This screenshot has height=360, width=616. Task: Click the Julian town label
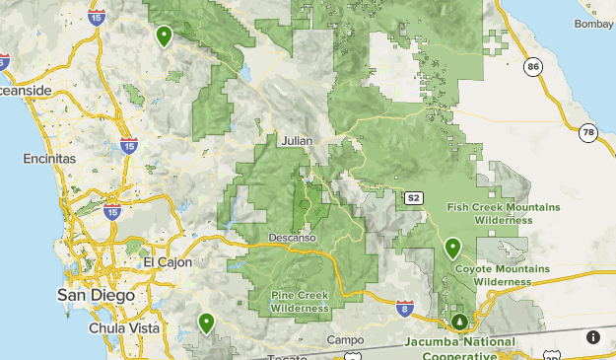pyautogui.click(x=296, y=141)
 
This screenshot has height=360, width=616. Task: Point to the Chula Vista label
pyautogui.click(x=116, y=327)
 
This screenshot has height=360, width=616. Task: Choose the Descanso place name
pyautogui.click(x=292, y=238)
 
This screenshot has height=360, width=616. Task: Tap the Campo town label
pyautogui.click(x=345, y=339)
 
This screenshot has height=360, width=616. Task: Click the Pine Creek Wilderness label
pyautogui.click(x=300, y=302)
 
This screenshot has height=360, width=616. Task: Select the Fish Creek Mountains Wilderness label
pyautogui.click(x=503, y=213)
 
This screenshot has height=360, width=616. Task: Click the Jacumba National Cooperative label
pyautogui.click(x=459, y=347)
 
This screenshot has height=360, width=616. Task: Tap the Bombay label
pyautogui.click(x=595, y=22)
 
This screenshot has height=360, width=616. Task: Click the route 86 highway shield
pyautogui.click(x=533, y=67)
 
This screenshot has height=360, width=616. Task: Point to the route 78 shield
pyautogui.click(x=588, y=132)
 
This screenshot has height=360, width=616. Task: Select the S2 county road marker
pyautogui.click(x=415, y=198)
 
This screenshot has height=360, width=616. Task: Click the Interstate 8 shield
pyautogui.click(x=404, y=308)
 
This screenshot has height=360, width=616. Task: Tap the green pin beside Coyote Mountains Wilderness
pyautogui.click(x=453, y=248)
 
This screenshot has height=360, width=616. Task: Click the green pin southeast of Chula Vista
pyautogui.click(x=206, y=322)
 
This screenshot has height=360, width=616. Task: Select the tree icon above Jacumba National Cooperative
pyautogui.click(x=459, y=322)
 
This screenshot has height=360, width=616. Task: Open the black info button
pyautogui.click(x=593, y=337)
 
